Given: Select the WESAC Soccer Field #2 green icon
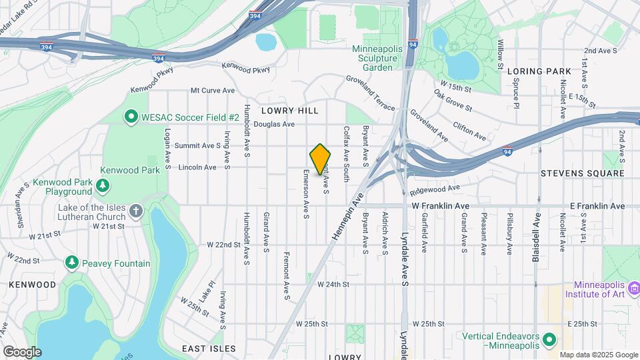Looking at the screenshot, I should point(131,117).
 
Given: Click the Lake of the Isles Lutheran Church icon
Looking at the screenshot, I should point(136,212).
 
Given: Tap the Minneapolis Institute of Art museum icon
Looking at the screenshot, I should point(633,289).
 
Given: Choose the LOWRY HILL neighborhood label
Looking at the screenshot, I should point(290,111).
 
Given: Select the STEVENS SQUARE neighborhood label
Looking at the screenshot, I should point(583,173).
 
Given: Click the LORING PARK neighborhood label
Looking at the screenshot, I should point(539,71).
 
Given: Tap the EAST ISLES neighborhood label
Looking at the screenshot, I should point(209,349).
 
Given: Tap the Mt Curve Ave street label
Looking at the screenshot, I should point(213,90).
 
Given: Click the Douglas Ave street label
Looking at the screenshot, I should point(274,124).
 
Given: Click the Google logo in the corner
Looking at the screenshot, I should point(22,351).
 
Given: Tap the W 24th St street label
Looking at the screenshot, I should point(333,284).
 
